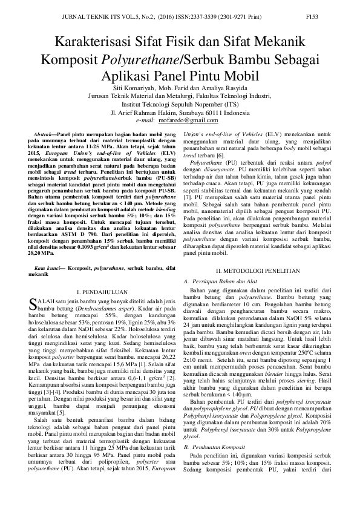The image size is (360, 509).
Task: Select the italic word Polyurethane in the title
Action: pyautogui.click(x=143, y=59)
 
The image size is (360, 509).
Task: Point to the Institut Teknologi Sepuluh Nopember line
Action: pyautogui.click(x=180, y=104)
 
